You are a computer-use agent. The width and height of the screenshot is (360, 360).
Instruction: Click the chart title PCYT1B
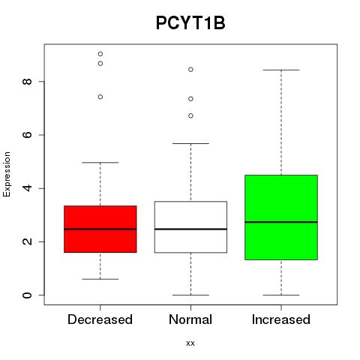[x=190, y=23]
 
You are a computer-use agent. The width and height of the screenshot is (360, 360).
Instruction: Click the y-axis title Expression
[x=7, y=174]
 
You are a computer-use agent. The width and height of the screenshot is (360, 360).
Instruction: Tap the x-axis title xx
[x=190, y=343]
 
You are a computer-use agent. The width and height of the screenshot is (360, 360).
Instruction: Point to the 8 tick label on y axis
[x=27, y=82]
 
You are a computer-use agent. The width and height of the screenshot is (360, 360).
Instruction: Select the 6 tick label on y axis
[x=27, y=135]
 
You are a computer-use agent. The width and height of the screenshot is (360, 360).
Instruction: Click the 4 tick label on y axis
[x=27, y=188]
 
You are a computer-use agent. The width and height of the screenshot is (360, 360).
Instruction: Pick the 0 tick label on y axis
[x=27, y=295]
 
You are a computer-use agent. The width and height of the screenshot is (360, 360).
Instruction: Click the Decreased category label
[x=100, y=319]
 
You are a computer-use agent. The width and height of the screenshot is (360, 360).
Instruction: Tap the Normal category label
[x=190, y=319]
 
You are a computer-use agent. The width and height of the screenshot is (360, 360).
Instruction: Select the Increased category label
[x=281, y=319]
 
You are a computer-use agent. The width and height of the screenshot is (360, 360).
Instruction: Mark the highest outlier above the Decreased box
[x=100, y=54]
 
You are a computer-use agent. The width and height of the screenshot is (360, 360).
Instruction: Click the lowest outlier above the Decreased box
[x=100, y=97]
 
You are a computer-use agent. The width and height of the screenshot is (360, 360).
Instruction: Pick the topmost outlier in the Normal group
[x=190, y=70]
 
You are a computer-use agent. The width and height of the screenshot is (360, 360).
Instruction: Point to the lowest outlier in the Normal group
[x=190, y=115]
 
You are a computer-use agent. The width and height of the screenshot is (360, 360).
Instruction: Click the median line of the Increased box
[x=281, y=222]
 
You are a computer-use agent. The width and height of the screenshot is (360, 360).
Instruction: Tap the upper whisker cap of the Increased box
[x=281, y=70]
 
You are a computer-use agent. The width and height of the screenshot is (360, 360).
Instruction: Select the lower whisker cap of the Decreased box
[x=100, y=279]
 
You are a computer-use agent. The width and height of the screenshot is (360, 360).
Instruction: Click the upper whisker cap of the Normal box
[x=190, y=143]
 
